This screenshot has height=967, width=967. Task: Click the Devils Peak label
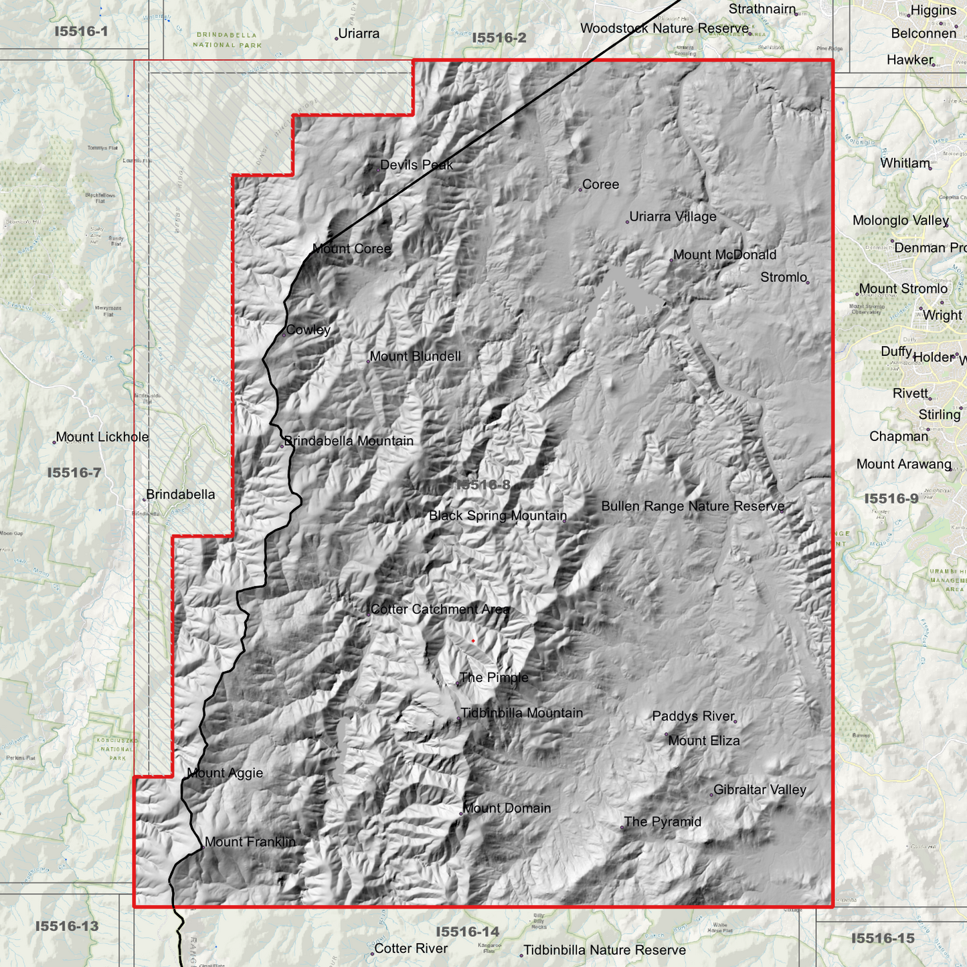pos(416,165)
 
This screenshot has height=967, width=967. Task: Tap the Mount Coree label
pos(351,249)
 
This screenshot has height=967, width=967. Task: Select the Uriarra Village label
pos(673,217)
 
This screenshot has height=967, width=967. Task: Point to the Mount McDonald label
pos(725,255)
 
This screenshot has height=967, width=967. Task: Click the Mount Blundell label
pos(415,357)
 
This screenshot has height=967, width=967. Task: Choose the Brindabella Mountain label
pos(349,441)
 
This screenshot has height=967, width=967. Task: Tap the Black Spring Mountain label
pos(497,516)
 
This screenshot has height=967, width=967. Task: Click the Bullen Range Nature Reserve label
pos(693,507)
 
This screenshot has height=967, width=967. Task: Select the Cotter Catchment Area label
pos(440,610)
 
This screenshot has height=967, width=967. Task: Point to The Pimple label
pos(494,678)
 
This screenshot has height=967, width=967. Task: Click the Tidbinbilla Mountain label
pos(521,713)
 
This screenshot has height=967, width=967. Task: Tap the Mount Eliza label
pos(704,741)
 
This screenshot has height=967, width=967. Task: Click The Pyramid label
pos(663,822)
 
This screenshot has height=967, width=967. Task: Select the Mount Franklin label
pos(250,842)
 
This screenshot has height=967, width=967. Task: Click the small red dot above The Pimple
pos(473,641)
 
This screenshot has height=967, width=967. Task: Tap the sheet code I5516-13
pos(67,926)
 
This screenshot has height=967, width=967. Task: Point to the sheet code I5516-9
pos(891,499)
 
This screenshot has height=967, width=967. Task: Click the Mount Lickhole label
pos(102,437)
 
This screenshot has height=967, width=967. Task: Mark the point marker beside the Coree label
pos(580,190)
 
